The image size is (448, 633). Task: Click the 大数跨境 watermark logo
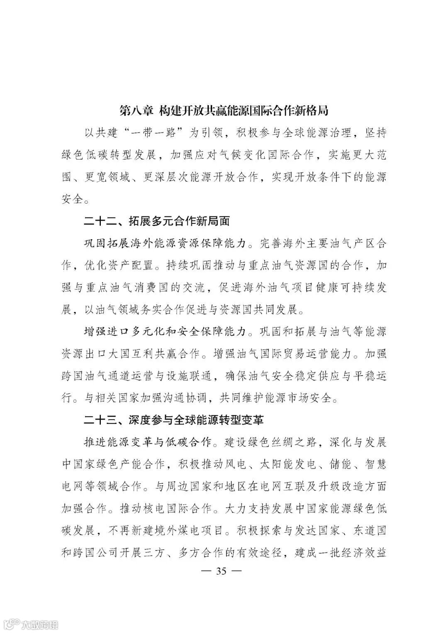(29, 624)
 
